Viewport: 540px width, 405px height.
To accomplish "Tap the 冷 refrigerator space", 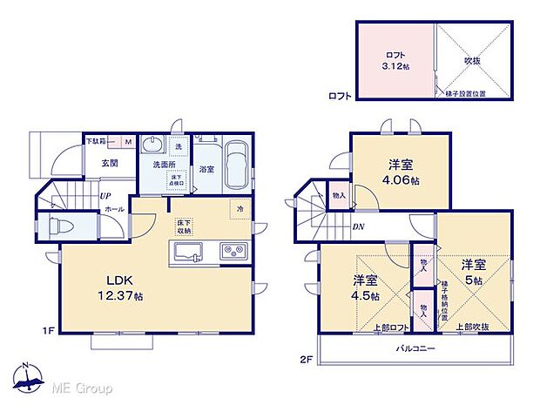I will pos(240,209).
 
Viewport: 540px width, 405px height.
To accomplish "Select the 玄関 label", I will pos(109,163).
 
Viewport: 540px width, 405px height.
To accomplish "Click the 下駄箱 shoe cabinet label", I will pos(97,140).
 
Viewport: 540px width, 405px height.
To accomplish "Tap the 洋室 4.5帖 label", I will pos(367,287).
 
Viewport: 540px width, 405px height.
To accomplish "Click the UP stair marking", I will pos(104,195).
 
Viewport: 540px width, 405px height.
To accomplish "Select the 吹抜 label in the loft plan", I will pos(474,61).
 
